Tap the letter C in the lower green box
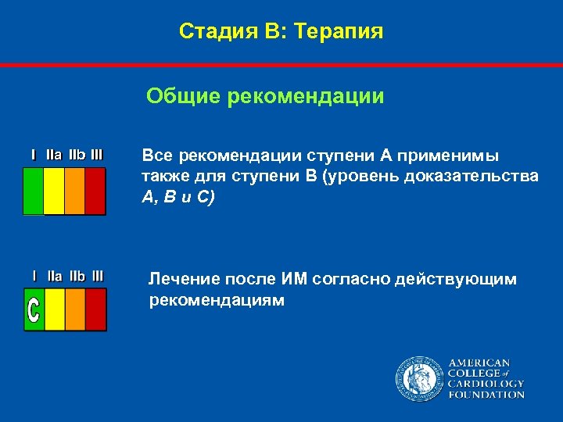tap(34, 310)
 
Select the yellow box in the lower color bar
tap(54, 309)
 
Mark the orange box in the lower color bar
tap(74, 309)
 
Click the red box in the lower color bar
tap(95, 309)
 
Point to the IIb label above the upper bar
tap(77, 155)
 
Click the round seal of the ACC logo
tap(418, 378)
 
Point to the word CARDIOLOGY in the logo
tap(486, 384)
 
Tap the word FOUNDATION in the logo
tap(486, 395)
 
